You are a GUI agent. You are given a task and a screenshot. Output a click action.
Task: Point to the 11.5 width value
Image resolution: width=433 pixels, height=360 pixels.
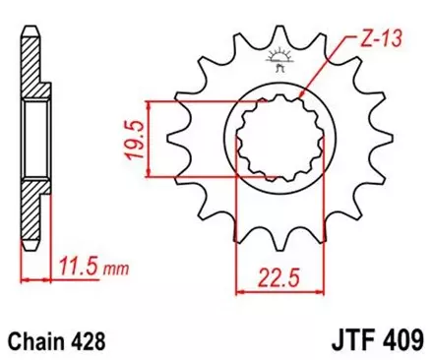[x=76, y=265]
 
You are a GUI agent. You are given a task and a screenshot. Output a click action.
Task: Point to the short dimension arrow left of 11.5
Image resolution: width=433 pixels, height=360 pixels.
[x=35, y=280]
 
